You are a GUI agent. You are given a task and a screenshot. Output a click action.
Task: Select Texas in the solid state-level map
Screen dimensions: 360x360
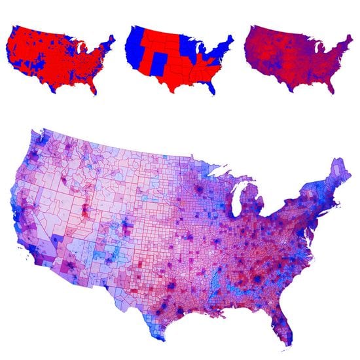coord(175,79)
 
